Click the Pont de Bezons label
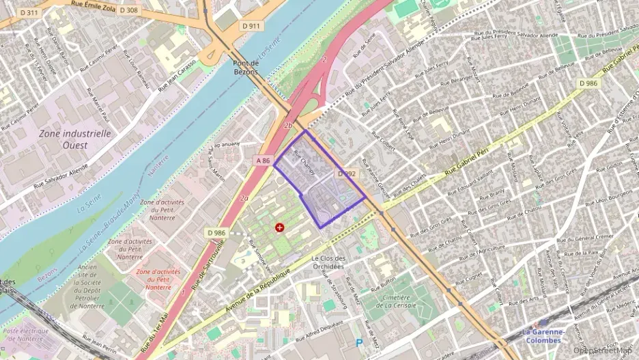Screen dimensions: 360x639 244,66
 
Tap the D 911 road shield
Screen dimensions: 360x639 251,26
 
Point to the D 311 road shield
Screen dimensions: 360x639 29,12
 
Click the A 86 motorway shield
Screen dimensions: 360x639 264,160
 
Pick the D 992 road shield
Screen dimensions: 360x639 347,174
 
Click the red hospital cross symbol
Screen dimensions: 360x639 279,227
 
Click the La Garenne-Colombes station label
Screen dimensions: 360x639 543,335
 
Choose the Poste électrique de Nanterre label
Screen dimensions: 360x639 24,335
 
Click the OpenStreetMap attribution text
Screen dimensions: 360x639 599,350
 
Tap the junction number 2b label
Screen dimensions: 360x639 288,126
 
